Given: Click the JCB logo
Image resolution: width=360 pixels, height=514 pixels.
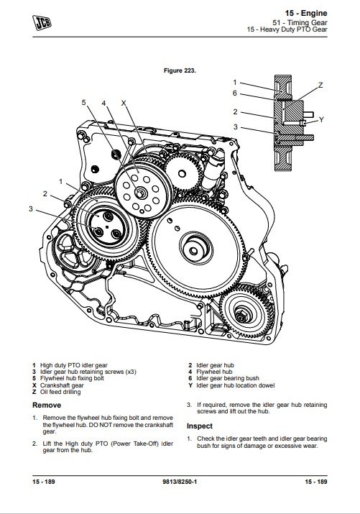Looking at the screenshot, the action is (42, 22).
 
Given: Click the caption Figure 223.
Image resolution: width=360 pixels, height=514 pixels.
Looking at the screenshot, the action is (180, 70).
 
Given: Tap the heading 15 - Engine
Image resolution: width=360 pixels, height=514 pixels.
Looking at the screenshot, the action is (306, 13).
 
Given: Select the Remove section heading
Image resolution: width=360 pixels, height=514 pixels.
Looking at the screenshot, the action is (47, 405).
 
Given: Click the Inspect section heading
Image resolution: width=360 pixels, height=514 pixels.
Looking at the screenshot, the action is (200, 426).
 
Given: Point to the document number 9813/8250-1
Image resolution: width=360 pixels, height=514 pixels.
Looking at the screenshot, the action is (180, 482).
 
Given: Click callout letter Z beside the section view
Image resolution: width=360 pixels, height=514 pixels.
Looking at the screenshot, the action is (320, 86).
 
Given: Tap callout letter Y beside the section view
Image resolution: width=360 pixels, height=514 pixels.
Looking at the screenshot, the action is (321, 119).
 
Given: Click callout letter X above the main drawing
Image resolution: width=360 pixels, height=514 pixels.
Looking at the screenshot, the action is (124, 103).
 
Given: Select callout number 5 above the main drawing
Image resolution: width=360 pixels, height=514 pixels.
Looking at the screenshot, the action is (83, 103).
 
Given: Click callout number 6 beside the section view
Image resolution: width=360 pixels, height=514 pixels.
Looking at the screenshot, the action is (234, 93).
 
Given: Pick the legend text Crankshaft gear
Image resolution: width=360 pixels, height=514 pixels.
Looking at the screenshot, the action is (62, 385).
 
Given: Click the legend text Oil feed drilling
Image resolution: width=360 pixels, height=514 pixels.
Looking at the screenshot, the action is (60, 392).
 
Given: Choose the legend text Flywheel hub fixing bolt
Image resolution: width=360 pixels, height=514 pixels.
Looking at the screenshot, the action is (72, 378).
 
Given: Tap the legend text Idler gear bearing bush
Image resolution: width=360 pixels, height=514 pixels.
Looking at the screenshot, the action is (228, 378).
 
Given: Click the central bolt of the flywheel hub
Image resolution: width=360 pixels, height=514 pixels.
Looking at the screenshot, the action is (141, 193).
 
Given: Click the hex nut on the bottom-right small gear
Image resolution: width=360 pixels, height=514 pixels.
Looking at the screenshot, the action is (241, 316).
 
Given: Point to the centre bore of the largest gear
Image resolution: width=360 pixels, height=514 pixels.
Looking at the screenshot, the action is (194, 251).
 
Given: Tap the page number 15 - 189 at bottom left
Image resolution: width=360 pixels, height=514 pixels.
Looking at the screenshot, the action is (44, 482).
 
